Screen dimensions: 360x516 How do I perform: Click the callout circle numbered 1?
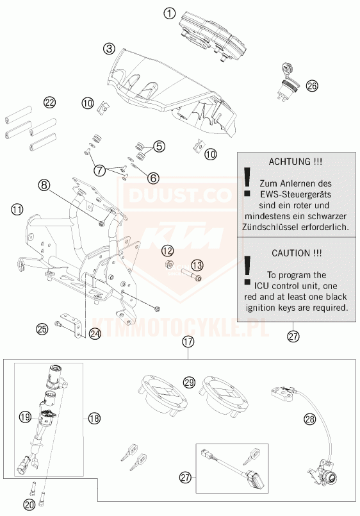click(x=170, y=14)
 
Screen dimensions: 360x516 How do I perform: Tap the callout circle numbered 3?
click(x=109, y=49)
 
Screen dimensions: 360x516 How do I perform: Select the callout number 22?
click(x=49, y=103)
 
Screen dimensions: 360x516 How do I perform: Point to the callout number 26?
click(x=312, y=86)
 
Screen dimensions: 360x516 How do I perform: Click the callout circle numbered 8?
click(x=44, y=185)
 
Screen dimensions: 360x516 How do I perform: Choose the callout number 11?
click(x=17, y=210)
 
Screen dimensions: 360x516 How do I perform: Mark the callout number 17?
click(x=188, y=342)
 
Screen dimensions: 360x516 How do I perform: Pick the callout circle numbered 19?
click(x=26, y=417)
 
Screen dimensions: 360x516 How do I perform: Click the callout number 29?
click(x=190, y=383)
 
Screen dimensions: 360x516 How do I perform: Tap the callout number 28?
click(x=309, y=419)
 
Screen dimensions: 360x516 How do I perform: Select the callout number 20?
click(x=29, y=504)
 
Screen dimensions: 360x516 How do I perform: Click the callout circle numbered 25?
click(x=42, y=329)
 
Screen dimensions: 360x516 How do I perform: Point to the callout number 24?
click(x=95, y=335)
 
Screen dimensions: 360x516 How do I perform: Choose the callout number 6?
click(x=153, y=178)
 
